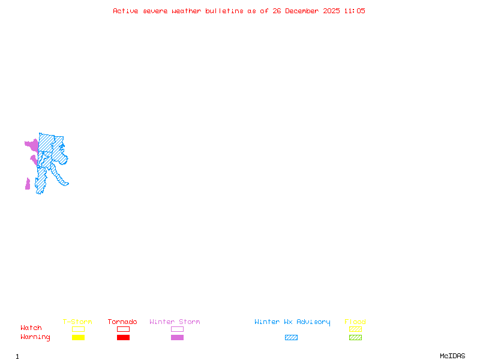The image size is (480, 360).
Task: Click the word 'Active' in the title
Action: (x=124, y=11)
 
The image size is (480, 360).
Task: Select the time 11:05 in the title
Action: (x=355, y=11)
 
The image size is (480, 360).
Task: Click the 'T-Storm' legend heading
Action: (x=77, y=322)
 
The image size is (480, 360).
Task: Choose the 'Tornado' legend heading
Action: (x=122, y=322)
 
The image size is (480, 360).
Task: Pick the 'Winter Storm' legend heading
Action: (x=175, y=322)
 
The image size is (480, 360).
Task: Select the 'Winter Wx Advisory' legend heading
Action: (x=292, y=322)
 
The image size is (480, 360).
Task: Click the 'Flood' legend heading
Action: (x=355, y=322)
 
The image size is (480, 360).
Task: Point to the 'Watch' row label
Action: (x=31, y=328)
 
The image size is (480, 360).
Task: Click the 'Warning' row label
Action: (x=35, y=337)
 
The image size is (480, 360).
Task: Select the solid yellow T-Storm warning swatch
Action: (x=78, y=338)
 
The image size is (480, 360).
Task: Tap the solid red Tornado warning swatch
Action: (x=123, y=338)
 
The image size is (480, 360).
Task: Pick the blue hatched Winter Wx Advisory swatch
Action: (x=291, y=338)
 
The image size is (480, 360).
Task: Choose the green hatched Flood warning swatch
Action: (x=355, y=338)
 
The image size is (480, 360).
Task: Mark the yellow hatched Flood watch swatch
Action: (x=355, y=329)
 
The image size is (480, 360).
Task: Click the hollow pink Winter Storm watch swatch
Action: (x=177, y=329)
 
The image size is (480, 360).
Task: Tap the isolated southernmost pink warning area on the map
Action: (x=28, y=184)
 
